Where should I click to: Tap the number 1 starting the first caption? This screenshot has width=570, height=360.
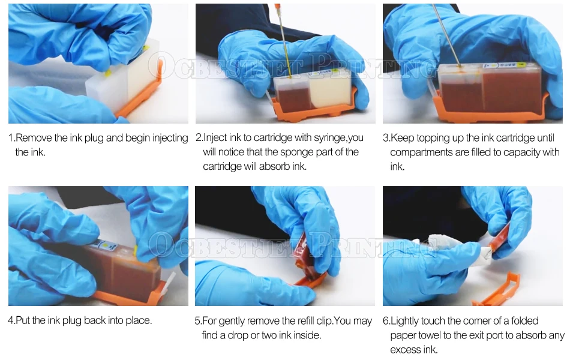pyautogui.click(x=11, y=138)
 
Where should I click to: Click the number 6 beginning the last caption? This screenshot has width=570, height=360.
pyautogui.click(x=386, y=321)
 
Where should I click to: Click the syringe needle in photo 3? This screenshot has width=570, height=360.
pyautogui.click(x=447, y=35)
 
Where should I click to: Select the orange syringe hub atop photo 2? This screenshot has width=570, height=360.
pyautogui.click(x=278, y=7)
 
